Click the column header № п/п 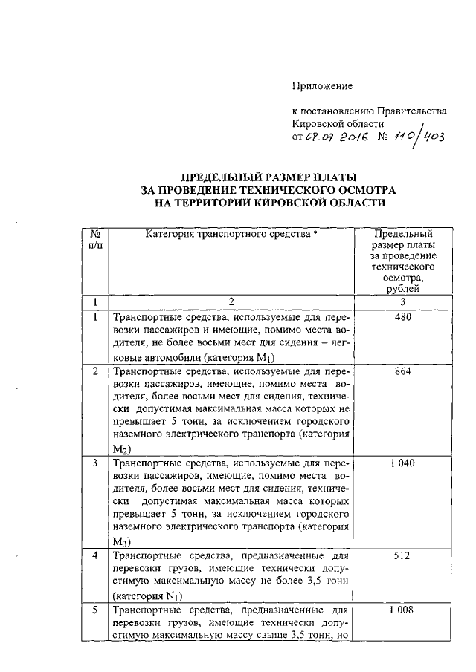(94, 239)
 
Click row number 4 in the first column (94, 555)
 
